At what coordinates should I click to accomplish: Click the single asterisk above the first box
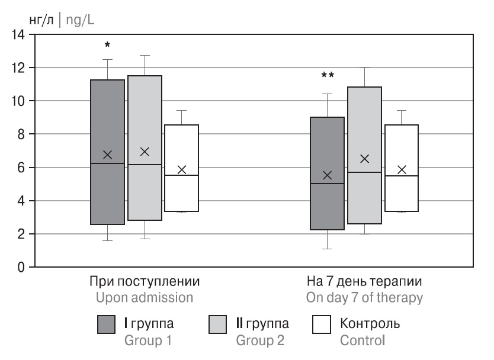click(107, 46)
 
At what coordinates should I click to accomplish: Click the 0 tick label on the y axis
click(24, 268)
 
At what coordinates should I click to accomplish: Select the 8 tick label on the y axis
click(24, 134)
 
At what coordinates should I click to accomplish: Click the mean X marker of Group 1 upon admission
click(107, 155)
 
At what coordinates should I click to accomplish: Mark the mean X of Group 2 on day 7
click(365, 159)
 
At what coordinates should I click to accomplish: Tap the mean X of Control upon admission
click(181, 169)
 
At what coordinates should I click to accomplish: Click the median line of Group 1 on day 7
click(328, 184)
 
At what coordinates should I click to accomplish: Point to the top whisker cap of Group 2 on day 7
click(365, 67)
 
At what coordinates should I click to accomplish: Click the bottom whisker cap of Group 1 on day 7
click(328, 249)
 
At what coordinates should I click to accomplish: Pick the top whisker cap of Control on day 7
click(402, 111)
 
